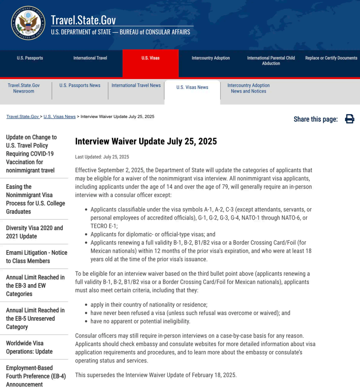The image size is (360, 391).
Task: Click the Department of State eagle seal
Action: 28,23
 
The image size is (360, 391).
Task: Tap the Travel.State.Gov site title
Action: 83,20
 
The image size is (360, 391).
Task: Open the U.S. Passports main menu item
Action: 30,58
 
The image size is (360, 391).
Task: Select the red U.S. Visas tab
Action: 150,58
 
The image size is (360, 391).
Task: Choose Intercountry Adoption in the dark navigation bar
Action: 211,58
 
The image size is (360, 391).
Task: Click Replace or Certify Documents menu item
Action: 331,58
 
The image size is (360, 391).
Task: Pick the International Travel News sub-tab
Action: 136,86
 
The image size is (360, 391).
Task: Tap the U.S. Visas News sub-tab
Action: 192,87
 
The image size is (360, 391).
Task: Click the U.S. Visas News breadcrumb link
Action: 60,117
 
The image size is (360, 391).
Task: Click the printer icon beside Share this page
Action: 349,119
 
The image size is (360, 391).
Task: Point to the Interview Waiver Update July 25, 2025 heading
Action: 146,141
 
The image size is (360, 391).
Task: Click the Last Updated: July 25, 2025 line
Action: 102,157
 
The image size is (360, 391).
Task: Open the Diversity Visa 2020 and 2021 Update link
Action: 34,232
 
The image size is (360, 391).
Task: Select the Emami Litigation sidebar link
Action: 37,257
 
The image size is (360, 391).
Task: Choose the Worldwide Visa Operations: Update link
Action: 29,347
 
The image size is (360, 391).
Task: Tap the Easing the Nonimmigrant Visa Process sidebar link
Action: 35,199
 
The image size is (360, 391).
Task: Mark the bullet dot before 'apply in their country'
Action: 86,305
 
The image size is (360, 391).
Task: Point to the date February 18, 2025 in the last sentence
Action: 214,375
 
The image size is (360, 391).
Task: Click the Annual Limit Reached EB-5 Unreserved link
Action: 35,318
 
